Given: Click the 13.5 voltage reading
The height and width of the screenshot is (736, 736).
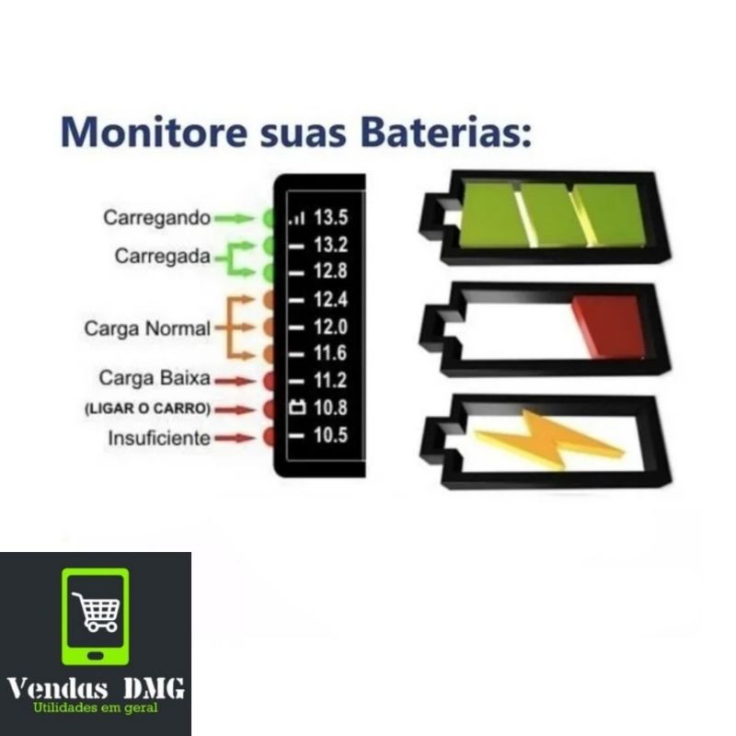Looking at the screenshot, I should tap(330, 218).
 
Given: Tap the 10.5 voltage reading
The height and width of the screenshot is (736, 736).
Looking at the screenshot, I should tap(330, 434).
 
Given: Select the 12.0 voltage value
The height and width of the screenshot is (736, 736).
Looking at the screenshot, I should tap(330, 327).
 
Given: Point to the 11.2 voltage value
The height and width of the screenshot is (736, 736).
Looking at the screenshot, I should tap(330, 379).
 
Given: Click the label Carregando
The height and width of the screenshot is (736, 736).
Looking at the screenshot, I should tap(157, 219).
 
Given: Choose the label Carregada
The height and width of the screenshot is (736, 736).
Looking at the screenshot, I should tap(163, 257).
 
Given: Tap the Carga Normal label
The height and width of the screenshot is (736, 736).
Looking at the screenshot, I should tap(147, 328).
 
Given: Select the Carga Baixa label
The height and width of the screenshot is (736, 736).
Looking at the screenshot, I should tap(155, 378).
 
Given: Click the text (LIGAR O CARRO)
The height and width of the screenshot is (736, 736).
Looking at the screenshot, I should tap(147, 408).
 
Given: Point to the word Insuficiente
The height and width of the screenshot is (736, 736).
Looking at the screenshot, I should tap(159, 438).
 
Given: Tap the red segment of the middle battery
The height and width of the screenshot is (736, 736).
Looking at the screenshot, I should tap(608, 326).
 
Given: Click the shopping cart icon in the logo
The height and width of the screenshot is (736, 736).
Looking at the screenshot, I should tap(96, 611).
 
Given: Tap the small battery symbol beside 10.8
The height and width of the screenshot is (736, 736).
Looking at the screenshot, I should tap(296, 408).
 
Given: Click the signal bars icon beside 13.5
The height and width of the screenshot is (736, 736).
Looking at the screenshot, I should tap(296, 219).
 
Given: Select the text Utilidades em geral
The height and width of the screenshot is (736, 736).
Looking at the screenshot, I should tap(96, 707).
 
